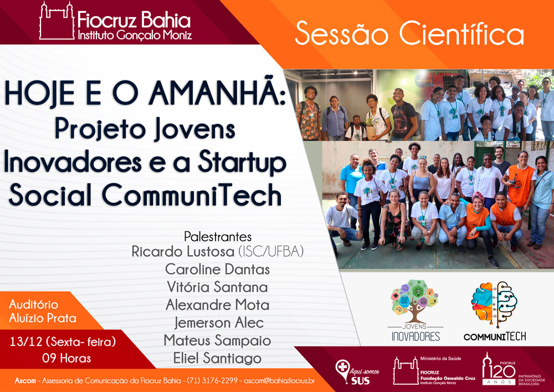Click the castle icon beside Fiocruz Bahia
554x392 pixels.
coord(57,21)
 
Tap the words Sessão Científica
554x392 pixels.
coord(409,33)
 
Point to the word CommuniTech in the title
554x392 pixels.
coord(192,195)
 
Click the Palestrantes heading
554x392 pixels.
coord(218,236)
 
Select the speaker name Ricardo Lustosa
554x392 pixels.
coord(183,251)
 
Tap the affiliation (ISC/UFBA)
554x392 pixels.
coord(271,251)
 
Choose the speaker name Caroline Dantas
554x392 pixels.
coord(217,269)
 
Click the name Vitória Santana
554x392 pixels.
coord(217,287)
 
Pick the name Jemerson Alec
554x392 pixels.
coord(219,323)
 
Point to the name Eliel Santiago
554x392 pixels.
coord(217,358)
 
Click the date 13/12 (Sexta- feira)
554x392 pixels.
coord(63,342)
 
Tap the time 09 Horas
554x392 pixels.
coord(66,358)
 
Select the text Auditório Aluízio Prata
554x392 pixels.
coord(43,311)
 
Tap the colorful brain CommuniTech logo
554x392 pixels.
coord(495,311)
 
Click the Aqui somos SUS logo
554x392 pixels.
coord(357,372)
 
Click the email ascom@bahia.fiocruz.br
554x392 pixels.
coord(279,381)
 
